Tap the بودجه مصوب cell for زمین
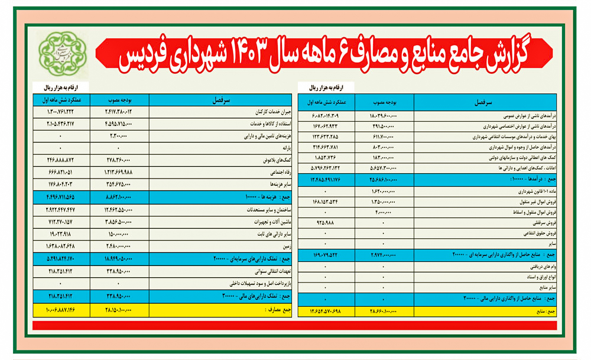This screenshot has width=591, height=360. point(119,246)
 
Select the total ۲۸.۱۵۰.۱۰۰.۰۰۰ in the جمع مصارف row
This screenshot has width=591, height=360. point(119,308)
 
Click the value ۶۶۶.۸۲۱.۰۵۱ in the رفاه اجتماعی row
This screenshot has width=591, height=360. point(61,172)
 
